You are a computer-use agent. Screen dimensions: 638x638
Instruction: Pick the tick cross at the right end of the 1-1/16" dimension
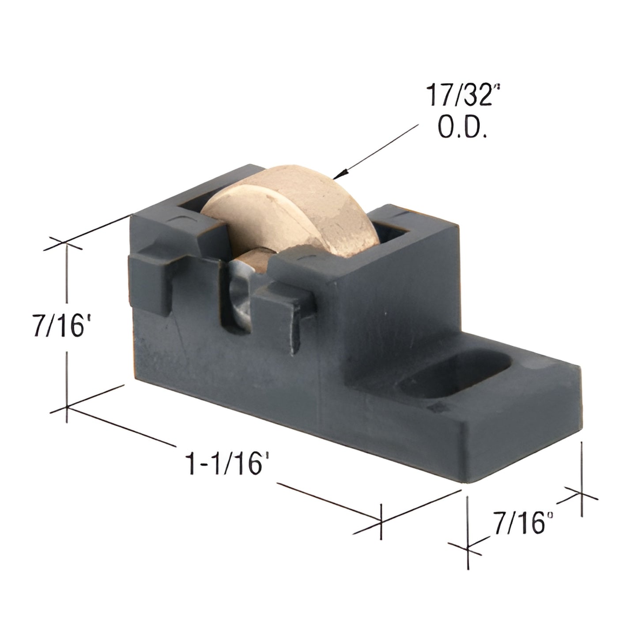[x=381, y=521]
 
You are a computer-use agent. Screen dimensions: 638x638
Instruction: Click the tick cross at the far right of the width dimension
[x=581, y=495]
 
